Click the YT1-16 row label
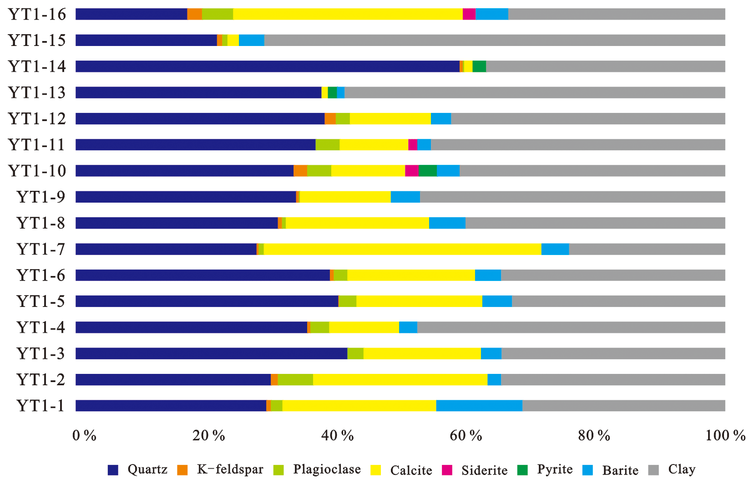click(x=37, y=15)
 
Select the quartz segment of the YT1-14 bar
click(x=267, y=66)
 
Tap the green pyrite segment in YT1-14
click(x=479, y=66)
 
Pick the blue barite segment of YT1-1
click(x=479, y=406)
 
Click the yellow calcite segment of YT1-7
click(x=402, y=249)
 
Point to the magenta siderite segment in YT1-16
click(x=469, y=14)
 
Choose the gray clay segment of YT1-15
click(x=495, y=41)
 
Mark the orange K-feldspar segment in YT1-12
click(x=330, y=119)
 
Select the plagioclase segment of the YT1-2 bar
click(x=295, y=380)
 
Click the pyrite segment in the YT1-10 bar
click(x=427, y=171)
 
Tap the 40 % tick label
click(x=337, y=436)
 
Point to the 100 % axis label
click(x=725, y=436)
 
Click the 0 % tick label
click(x=84, y=436)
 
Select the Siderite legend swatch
click(x=447, y=470)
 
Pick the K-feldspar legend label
click(x=230, y=470)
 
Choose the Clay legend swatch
click(x=653, y=470)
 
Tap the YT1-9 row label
click(x=40, y=197)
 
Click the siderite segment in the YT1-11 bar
click(x=413, y=145)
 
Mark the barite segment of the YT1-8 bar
click(x=447, y=223)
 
